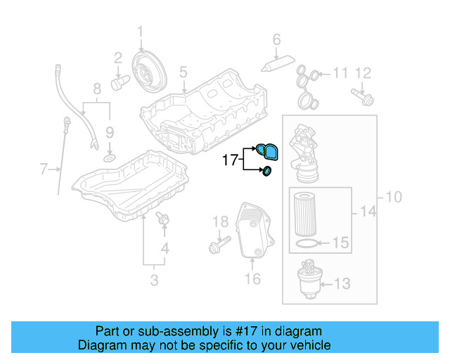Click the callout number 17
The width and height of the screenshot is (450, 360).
click(x=231, y=160)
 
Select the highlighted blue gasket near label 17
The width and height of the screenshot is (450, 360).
click(x=267, y=150)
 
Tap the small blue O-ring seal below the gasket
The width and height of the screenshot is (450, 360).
click(x=267, y=172)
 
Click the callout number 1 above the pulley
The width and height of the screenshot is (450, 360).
click(x=140, y=31)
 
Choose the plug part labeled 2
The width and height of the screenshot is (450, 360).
click(x=119, y=83)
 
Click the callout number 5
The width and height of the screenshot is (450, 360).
click(x=183, y=71)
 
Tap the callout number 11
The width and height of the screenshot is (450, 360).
click(x=340, y=72)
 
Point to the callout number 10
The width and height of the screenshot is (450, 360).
click(x=393, y=198)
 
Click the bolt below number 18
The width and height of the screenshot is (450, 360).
click(x=217, y=247)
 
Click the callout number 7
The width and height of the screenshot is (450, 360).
click(x=44, y=169)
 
